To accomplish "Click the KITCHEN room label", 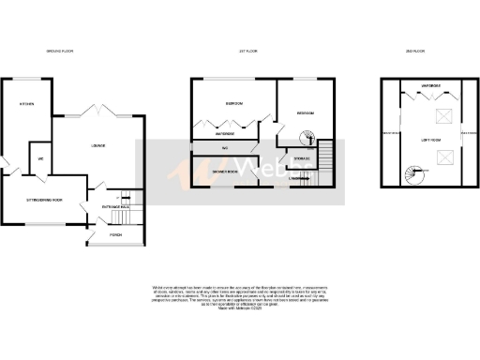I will pos(16,104).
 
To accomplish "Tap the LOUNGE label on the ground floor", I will pos(97,145).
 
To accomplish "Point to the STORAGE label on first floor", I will pos(303,159).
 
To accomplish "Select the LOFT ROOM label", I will pos(417,139).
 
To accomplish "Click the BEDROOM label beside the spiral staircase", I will pos(306,112).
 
